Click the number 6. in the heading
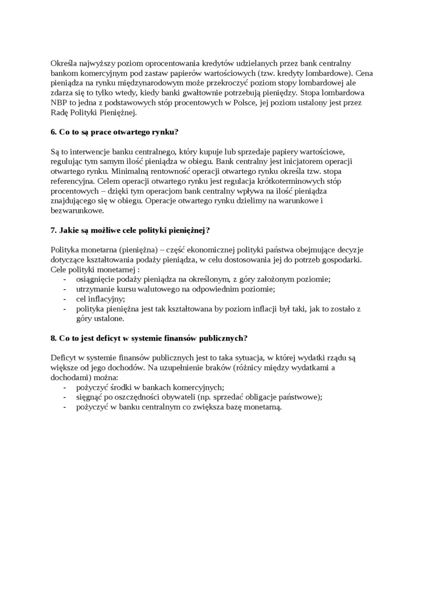click(54, 132)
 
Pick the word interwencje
click(89, 152)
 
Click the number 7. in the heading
click(54, 230)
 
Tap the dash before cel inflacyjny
click(65, 299)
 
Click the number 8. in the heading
click(54, 338)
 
